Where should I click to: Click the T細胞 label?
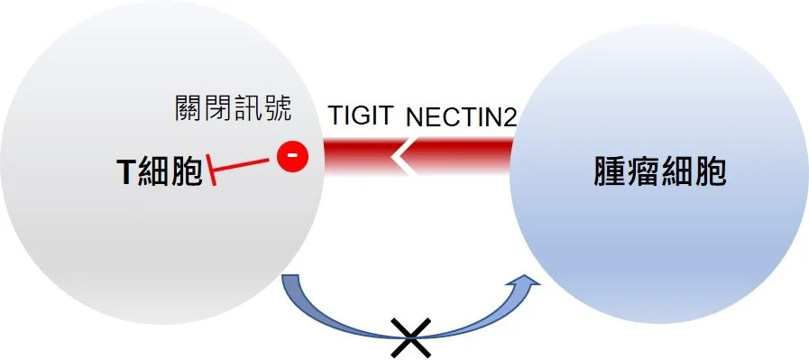159,172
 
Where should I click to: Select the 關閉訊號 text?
233,109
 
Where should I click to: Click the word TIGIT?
362,117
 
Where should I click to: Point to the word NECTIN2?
460,117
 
